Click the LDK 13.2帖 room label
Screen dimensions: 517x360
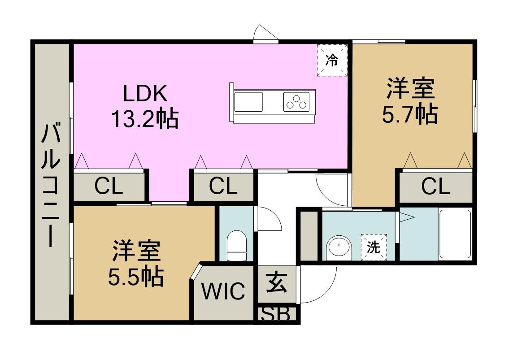145,106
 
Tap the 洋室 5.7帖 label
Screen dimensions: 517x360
410,100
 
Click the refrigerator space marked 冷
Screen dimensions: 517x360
332,61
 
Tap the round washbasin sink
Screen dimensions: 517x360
339,248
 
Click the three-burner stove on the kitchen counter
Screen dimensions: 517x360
296,102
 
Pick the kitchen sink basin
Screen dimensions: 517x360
248,102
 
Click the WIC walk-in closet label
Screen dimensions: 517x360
223,291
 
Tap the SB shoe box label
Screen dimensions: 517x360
275,314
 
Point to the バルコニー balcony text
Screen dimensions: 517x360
51,185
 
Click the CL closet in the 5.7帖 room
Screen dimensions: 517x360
435,187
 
